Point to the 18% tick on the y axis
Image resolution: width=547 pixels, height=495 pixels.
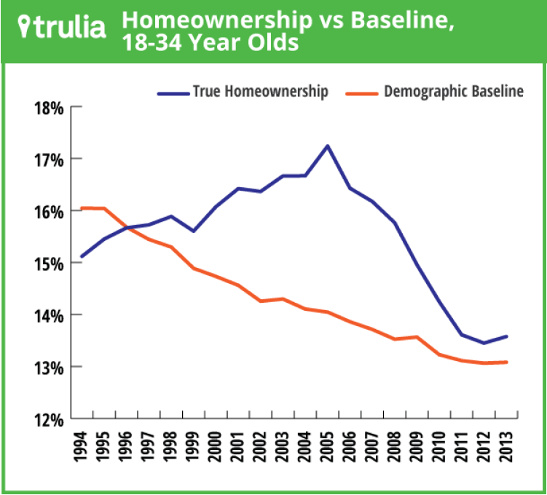tap(50, 108)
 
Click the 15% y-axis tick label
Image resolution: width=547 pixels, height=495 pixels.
tap(50, 264)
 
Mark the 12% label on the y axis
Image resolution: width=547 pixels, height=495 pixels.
tap(50, 419)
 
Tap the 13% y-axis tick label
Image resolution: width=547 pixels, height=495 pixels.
tap(50, 367)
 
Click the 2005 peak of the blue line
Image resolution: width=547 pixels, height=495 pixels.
tap(328, 146)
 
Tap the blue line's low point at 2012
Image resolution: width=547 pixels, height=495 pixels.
tap(484, 343)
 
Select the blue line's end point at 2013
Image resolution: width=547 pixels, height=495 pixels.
tap(507, 336)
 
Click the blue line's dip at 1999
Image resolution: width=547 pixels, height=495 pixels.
tap(192, 231)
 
